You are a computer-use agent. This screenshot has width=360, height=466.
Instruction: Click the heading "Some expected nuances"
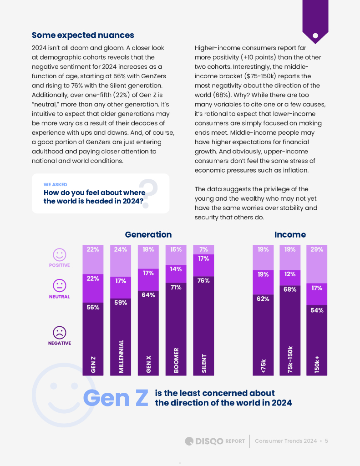coord(83,35)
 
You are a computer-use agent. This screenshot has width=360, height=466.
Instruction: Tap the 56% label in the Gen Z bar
coord(93,307)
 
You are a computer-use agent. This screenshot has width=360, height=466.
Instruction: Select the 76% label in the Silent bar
coord(203,281)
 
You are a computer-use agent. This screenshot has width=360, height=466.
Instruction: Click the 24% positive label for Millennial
coord(121,249)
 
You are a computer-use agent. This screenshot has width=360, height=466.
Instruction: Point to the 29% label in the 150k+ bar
coord(317,249)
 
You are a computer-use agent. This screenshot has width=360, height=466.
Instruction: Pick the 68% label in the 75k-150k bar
coord(290,289)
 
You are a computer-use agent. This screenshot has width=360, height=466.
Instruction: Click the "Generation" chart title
coord(148,234)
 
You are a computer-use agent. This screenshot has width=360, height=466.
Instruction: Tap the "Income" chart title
coord(290,234)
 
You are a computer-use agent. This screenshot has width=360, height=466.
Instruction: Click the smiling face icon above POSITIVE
coord(59,254)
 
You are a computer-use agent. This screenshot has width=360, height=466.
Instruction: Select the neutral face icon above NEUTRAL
coord(59,286)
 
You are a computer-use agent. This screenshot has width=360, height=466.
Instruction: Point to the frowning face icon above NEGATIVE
coord(59,332)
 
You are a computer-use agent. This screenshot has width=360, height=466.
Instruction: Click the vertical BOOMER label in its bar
coord(176,361)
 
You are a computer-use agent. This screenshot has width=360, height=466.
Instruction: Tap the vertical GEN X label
coord(148,364)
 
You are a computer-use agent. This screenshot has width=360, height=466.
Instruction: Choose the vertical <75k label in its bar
coord(263,366)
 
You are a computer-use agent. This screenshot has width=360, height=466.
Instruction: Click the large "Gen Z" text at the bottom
coord(116,398)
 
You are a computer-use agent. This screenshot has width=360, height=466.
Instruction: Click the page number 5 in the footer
coord(326,441)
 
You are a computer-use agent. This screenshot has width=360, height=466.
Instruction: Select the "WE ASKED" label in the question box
coord(55,185)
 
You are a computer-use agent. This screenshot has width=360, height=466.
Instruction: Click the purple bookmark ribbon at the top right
coord(315,20)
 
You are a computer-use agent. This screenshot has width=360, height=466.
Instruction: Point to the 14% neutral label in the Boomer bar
coord(176,269)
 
